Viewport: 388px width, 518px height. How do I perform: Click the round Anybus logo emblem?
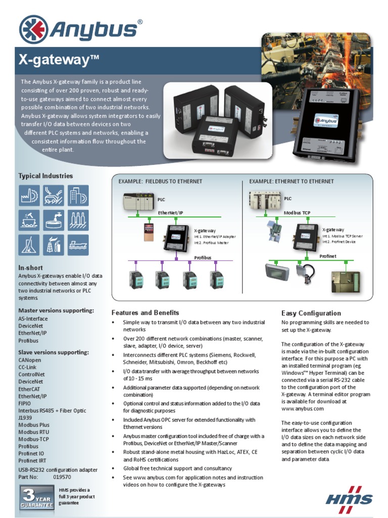[33, 29]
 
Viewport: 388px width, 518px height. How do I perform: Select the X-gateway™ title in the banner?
[59, 60]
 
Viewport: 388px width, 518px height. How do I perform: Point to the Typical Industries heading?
[45, 176]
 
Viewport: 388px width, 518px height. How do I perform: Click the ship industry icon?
[78, 245]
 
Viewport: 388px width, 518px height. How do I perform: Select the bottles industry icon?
[78, 220]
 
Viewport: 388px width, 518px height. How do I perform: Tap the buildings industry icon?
[78, 195]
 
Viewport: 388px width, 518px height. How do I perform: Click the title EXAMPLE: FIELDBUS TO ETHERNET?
[160, 182]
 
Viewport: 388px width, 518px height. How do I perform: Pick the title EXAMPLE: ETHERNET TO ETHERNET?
[292, 182]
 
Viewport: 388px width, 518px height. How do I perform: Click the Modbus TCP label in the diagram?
[297, 213]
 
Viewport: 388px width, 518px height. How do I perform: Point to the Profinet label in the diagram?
[327, 256]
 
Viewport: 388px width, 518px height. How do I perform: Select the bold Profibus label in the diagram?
[203, 257]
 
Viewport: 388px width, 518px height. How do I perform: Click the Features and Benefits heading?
[145, 313]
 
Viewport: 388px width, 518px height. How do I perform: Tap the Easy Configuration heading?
[311, 313]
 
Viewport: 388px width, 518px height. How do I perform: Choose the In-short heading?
[31, 268]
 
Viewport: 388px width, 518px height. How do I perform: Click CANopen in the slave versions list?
[31, 360]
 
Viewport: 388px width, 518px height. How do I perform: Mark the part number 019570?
[62, 477]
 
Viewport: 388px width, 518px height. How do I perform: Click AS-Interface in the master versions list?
[33, 319]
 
